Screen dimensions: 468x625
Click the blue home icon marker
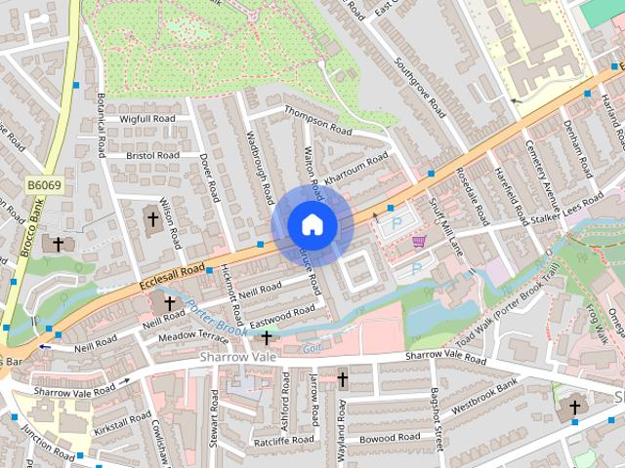point(312,224)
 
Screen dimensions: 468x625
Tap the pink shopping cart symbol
point(419,242)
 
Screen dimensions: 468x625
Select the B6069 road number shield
point(43,183)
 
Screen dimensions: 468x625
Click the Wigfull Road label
point(146,119)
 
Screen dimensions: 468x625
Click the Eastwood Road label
point(282,315)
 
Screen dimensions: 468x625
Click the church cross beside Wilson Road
point(151,219)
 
